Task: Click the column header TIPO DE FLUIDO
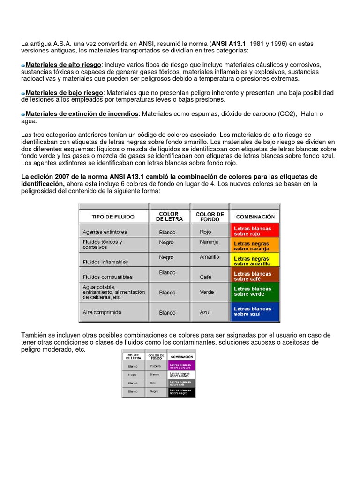[x=112, y=217]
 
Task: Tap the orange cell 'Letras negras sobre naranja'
[x=255, y=246]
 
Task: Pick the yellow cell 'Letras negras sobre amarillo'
[x=255, y=261]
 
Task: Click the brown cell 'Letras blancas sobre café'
[x=255, y=276]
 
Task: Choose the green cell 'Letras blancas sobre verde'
[x=255, y=292]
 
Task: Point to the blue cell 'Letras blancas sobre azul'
[x=255, y=311]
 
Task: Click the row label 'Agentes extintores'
[x=105, y=232]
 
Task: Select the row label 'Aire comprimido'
[x=102, y=312]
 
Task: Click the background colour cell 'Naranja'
[x=209, y=242]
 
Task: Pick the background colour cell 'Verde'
[x=207, y=292]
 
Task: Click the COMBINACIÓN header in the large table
[x=255, y=217]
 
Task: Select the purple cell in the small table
[x=181, y=366]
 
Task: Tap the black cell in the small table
[x=181, y=391]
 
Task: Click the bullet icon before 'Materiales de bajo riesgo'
[x=23, y=93]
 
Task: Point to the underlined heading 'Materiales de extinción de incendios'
[x=82, y=114]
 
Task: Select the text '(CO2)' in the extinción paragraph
[x=286, y=114]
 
